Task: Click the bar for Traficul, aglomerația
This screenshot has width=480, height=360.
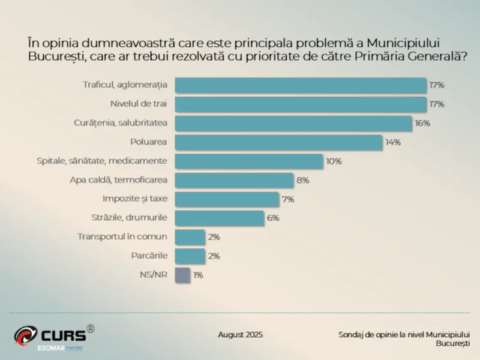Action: pyautogui.click(x=300, y=85)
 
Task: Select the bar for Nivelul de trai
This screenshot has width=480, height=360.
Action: pyautogui.click(x=300, y=104)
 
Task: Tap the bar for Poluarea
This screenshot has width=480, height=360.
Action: pyautogui.click(x=278, y=142)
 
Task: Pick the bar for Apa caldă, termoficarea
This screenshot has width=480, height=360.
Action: pyautogui.click(x=234, y=180)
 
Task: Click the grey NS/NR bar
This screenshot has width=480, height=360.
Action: pyautogui.click(x=182, y=275)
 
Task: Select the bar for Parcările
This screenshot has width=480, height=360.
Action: pyautogui.click(x=190, y=256)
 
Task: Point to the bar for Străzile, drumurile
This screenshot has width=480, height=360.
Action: pyautogui.click(x=220, y=218)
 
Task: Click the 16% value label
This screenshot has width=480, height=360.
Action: pyautogui.click(x=422, y=123)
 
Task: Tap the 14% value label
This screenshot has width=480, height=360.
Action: pyautogui.click(x=393, y=142)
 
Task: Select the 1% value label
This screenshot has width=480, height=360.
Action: pyautogui.click(x=198, y=275)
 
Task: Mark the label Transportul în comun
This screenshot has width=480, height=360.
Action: pyautogui.click(x=122, y=236)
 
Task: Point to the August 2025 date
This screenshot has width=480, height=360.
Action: pyautogui.click(x=240, y=335)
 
